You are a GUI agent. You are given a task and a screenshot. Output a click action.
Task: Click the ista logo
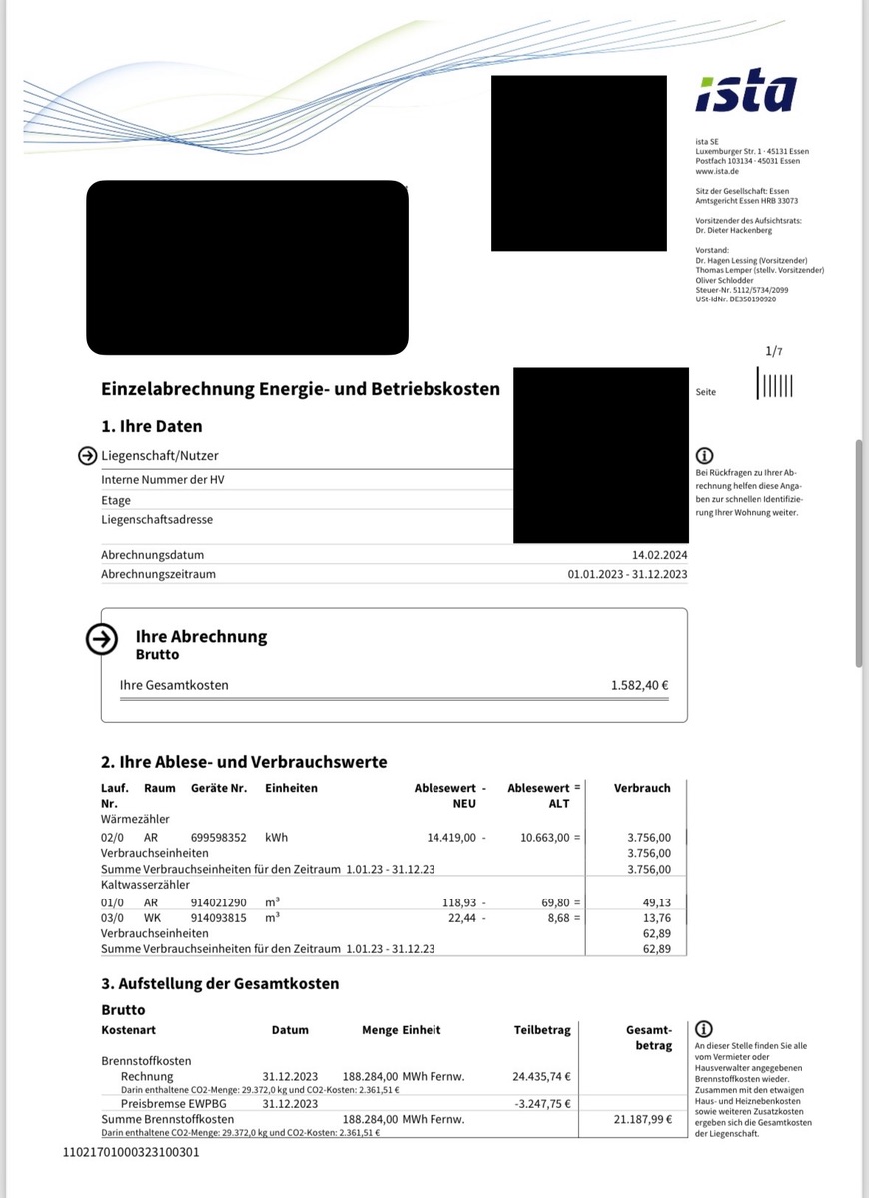coord(746,93)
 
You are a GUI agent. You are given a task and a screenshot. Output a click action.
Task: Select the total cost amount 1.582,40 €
coord(639,686)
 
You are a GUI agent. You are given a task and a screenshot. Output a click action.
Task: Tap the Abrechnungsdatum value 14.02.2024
coord(660,555)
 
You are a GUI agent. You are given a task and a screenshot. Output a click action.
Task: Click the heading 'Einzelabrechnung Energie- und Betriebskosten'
coord(301,389)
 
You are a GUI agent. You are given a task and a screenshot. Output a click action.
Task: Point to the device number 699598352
coord(219,837)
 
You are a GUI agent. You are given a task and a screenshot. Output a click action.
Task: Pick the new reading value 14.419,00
coord(455,837)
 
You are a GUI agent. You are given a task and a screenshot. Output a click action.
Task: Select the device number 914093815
coord(219,918)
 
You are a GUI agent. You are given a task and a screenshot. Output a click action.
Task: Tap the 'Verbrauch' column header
coord(642,788)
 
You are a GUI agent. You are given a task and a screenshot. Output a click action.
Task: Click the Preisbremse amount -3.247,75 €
coord(542,1104)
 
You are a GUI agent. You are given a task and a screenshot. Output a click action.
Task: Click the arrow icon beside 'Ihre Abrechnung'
coord(102,640)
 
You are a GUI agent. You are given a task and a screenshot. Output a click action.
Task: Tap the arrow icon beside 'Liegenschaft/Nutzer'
coord(88,456)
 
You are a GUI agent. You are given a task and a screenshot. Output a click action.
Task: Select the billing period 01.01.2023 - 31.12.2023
coord(626,574)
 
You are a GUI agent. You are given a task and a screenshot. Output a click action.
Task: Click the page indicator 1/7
coord(774,351)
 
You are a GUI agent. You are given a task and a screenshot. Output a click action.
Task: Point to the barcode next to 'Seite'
coord(775,384)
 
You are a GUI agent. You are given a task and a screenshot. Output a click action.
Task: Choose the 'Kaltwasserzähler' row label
coord(143,886)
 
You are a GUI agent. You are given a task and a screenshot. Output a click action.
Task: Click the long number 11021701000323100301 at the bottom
coord(131,1152)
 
